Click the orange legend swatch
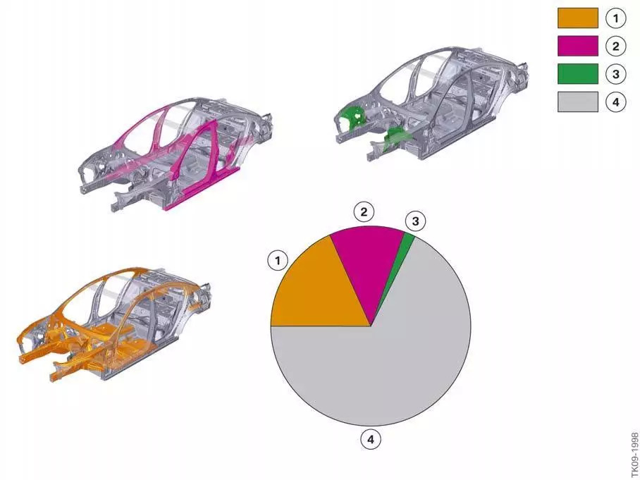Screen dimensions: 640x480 tap(577, 18)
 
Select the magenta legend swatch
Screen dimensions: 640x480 tap(577, 46)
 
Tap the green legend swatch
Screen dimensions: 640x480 tap(577, 74)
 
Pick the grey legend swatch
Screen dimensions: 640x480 tap(577, 101)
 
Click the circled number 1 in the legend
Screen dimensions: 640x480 tap(615, 18)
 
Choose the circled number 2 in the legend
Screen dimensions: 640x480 tap(615, 46)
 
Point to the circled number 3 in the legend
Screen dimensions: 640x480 tap(615, 74)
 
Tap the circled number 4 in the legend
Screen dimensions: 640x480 tap(615, 101)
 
